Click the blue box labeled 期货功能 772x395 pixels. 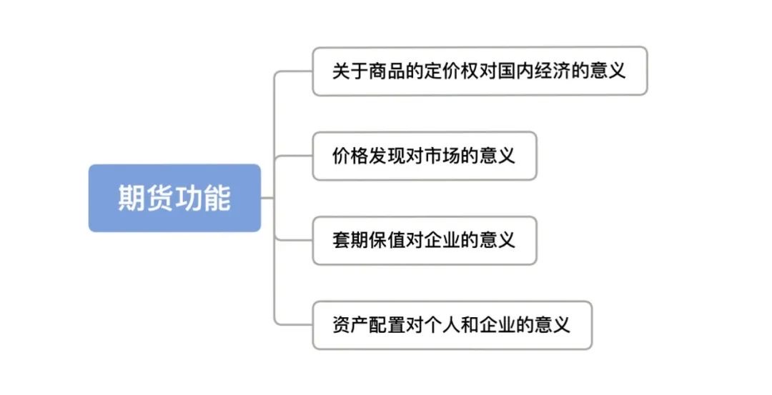tap(174, 198)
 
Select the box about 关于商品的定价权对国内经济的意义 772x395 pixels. tap(480, 71)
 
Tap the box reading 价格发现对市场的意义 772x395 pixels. tap(424, 155)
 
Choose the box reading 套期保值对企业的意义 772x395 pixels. tap(424, 240)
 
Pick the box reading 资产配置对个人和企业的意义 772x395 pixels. tap(452, 325)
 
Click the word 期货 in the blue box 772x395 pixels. tap(146, 198)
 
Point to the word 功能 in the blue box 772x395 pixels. tap(203, 198)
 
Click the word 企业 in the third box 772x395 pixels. tap(442, 240)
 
